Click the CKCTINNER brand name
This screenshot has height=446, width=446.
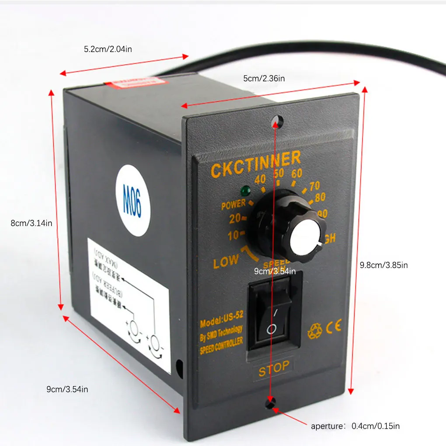[x=255, y=164]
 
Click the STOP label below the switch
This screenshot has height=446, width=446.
[x=274, y=367]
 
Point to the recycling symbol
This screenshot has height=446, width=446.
[x=314, y=331]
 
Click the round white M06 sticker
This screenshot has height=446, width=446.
[x=133, y=200]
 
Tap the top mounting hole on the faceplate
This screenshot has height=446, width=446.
[x=275, y=120]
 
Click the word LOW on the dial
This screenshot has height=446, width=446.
[x=226, y=261]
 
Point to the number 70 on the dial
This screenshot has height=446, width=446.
[x=314, y=186]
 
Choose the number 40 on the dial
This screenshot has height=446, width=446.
[x=260, y=179]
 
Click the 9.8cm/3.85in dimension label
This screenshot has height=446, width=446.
[x=383, y=265]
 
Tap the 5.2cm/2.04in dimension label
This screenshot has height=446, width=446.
[x=108, y=49]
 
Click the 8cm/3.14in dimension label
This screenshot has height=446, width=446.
[x=31, y=223]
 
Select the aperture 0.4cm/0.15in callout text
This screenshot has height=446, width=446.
[x=355, y=425]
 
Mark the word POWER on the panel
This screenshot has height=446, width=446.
[x=233, y=205]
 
